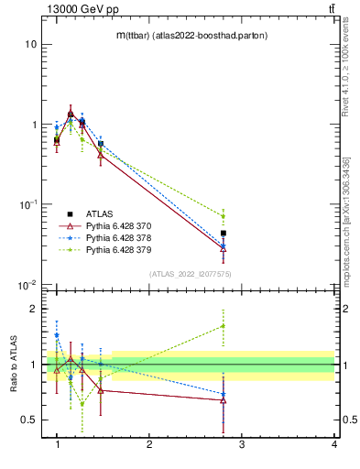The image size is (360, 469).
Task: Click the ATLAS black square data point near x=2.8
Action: pos(224,234)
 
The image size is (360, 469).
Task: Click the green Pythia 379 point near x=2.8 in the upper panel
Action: pos(224,216)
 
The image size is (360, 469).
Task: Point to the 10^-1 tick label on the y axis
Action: pos(27,204)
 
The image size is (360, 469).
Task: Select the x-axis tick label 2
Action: pos(149,444)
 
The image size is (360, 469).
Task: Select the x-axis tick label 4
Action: pos(333,444)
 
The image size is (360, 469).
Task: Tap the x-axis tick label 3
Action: pos(242,444)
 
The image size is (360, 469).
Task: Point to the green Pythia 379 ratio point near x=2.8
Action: pos(224,325)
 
